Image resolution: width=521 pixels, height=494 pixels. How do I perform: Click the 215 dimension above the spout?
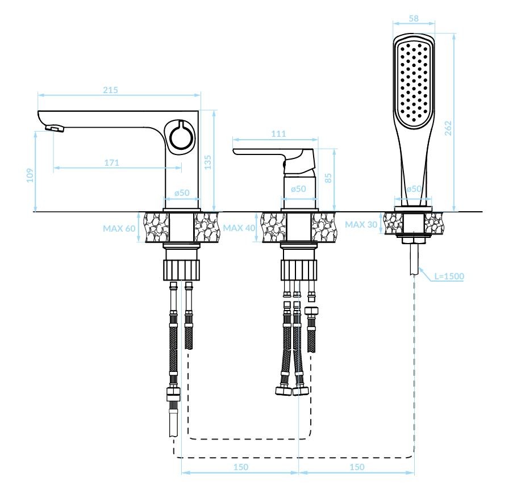point(110,90)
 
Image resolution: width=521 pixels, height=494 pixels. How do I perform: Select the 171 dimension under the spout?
point(111,162)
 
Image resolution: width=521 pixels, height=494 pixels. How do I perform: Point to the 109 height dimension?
point(30,175)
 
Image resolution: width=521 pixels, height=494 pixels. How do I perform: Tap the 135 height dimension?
point(208,162)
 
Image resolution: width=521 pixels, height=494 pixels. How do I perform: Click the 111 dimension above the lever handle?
point(278,134)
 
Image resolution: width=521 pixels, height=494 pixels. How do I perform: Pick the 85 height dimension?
point(328,178)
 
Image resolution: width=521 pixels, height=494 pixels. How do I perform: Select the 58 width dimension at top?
point(414,19)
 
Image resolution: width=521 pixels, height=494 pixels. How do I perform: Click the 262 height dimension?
point(448,128)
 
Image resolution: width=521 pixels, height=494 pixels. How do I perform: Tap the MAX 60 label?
point(119,228)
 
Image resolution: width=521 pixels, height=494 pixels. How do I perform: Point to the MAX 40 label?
point(239,228)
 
